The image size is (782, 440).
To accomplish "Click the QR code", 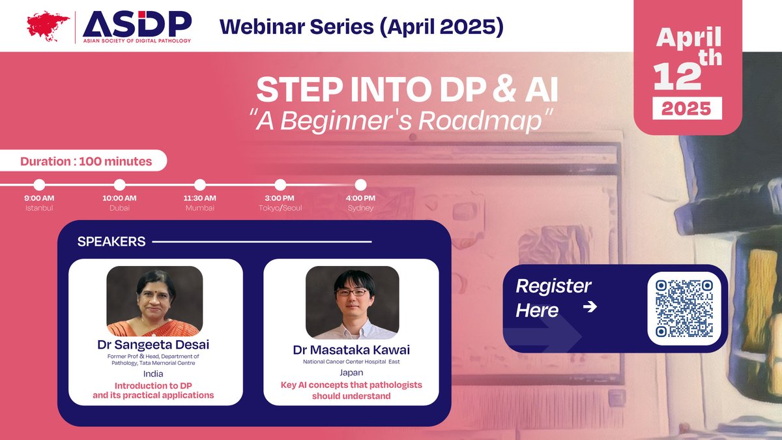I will click(x=684, y=308).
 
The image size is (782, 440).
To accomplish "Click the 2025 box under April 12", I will click(x=687, y=108).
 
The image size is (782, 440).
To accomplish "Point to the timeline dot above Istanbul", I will click(x=39, y=185).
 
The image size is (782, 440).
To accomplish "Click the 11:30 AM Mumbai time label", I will click(x=200, y=198).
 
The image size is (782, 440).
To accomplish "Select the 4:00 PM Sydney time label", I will click(x=360, y=198).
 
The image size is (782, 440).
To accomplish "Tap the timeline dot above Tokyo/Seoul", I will click(x=280, y=185).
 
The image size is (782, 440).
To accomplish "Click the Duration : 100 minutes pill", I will click(x=86, y=161).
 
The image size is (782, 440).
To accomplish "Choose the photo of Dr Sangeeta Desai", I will click(x=155, y=301).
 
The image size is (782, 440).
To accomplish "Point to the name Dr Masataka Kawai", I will click(x=351, y=350).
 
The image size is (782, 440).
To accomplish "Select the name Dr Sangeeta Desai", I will click(x=155, y=345).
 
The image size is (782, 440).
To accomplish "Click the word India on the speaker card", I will click(x=155, y=374).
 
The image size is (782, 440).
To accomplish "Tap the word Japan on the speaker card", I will click(x=351, y=374).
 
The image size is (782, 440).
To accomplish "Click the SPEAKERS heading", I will click(x=111, y=242).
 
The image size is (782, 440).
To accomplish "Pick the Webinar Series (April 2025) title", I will click(x=362, y=26).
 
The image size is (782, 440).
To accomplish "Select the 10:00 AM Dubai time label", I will click(x=119, y=198).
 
